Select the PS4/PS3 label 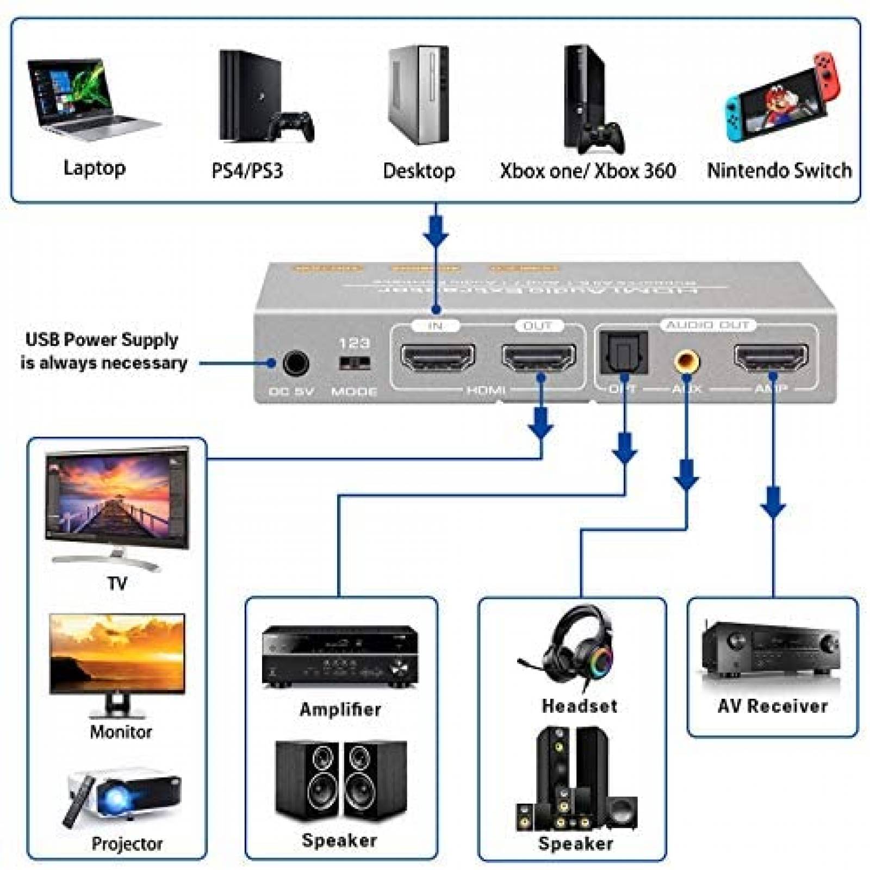(247, 171)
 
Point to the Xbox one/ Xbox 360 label (588, 171)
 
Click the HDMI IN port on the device (438, 357)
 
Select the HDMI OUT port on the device (538, 357)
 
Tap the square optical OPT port (623, 353)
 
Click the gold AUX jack (686, 361)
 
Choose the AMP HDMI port (771, 357)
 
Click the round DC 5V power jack (296, 363)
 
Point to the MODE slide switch (354, 363)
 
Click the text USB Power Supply (102, 340)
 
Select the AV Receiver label (772, 706)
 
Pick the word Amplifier (340, 709)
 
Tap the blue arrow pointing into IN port (436, 232)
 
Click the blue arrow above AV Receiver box (773, 503)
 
